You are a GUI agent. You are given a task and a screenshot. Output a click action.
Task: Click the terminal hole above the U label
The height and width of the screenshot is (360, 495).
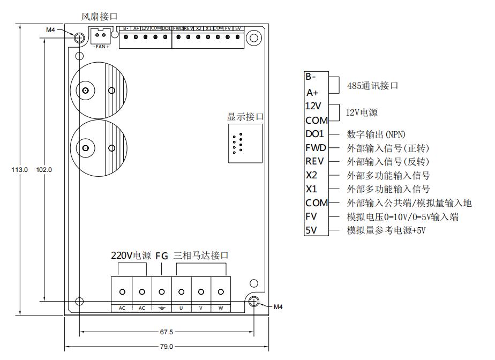(x=182, y=292)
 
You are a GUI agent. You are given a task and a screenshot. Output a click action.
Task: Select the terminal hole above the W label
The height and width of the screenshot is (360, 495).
(x=221, y=292)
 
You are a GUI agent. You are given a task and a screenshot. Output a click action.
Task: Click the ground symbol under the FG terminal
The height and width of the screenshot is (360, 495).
(x=162, y=308)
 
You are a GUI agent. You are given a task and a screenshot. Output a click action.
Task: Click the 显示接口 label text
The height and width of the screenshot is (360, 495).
(x=246, y=117)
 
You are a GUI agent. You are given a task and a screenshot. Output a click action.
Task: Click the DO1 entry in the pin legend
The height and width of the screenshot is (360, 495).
(x=315, y=134)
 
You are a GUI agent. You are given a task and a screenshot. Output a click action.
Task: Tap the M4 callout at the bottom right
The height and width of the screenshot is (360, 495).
(x=278, y=307)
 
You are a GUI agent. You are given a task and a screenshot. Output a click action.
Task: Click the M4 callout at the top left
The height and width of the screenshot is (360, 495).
(x=50, y=30)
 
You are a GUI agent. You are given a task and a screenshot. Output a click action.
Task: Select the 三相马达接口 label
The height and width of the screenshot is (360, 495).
(x=201, y=256)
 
